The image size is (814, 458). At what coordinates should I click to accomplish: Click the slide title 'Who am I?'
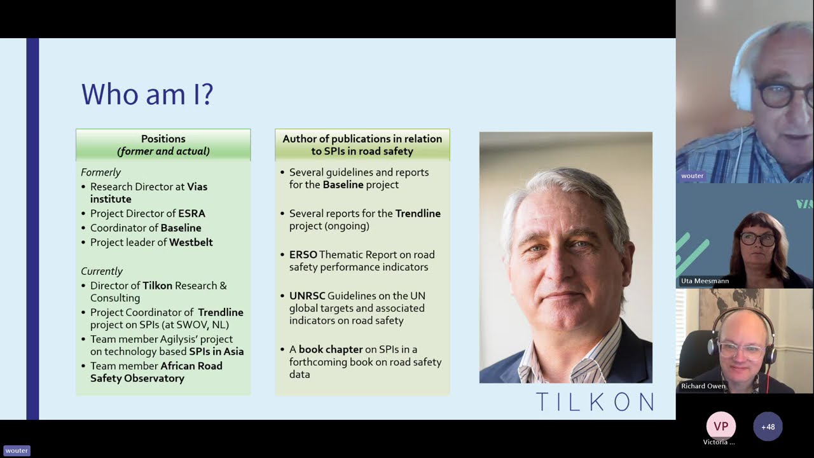[x=147, y=94]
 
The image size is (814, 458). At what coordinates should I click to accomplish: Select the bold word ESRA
[x=191, y=214]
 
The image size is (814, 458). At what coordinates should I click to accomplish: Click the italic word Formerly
[x=100, y=172]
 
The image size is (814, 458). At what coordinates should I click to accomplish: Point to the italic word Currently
[x=102, y=271]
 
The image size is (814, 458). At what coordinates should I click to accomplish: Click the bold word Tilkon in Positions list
[x=157, y=286]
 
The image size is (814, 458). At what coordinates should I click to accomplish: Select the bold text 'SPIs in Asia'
[x=216, y=352]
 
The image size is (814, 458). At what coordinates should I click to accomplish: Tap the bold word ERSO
[x=303, y=254]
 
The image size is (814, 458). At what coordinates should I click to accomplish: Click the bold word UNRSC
[x=307, y=296]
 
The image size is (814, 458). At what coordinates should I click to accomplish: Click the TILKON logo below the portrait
[x=594, y=401]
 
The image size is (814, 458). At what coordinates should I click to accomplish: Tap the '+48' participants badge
[x=768, y=427]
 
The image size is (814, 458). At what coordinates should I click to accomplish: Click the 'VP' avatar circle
[x=721, y=426]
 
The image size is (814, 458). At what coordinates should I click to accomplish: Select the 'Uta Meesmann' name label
[x=705, y=281]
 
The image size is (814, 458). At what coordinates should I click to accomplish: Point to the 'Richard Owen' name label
[x=703, y=386]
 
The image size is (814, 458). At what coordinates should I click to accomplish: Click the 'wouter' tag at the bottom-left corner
[x=17, y=450]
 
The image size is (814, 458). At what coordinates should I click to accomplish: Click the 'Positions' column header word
[x=163, y=139]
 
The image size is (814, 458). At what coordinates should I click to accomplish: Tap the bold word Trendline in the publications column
[x=418, y=214]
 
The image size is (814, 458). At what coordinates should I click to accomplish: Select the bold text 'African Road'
[x=191, y=366]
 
